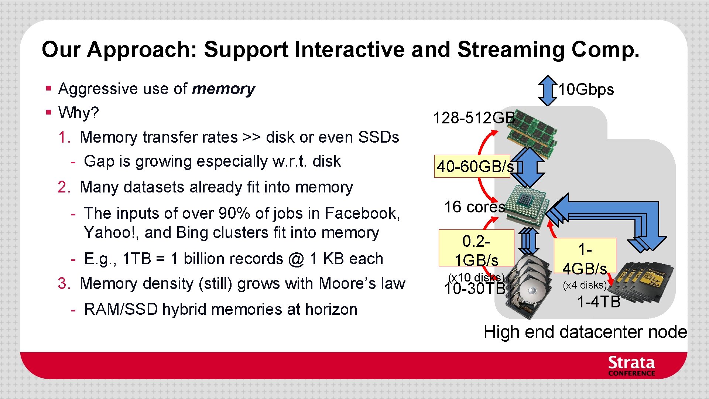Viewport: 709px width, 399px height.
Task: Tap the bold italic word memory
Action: click(x=223, y=89)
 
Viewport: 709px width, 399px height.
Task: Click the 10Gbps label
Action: click(x=586, y=90)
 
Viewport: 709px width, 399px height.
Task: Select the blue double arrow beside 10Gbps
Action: click(x=548, y=91)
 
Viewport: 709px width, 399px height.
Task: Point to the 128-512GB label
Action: click(x=474, y=118)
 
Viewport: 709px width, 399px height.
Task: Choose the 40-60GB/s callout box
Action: click(x=472, y=167)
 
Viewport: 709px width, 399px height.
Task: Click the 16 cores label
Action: click(x=474, y=207)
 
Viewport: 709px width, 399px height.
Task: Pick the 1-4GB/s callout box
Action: click(x=585, y=256)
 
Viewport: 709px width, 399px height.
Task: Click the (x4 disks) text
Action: click(x=585, y=285)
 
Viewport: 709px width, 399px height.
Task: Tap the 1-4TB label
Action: click(x=599, y=302)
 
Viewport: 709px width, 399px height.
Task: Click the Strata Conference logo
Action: click(x=631, y=366)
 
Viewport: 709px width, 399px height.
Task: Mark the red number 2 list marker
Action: click(x=64, y=187)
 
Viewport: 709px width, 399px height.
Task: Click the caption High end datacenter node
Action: click(x=585, y=332)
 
